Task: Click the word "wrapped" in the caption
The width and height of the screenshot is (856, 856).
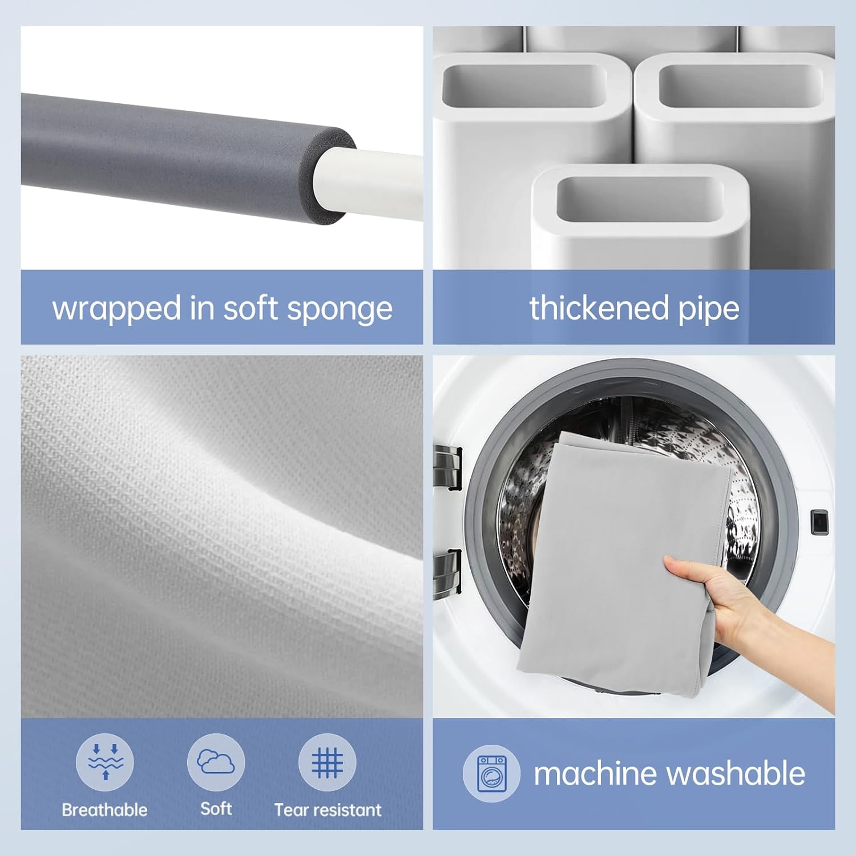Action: coord(117,309)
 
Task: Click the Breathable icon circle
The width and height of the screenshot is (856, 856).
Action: coord(105,762)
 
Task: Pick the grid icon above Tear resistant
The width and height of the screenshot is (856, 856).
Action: coord(328,762)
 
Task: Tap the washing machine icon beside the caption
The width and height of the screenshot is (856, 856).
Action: coord(491,774)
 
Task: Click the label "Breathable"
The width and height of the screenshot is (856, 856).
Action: coord(104,810)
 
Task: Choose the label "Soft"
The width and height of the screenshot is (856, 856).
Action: coord(216,809)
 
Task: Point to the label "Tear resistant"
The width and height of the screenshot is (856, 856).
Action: coord(328,810)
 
